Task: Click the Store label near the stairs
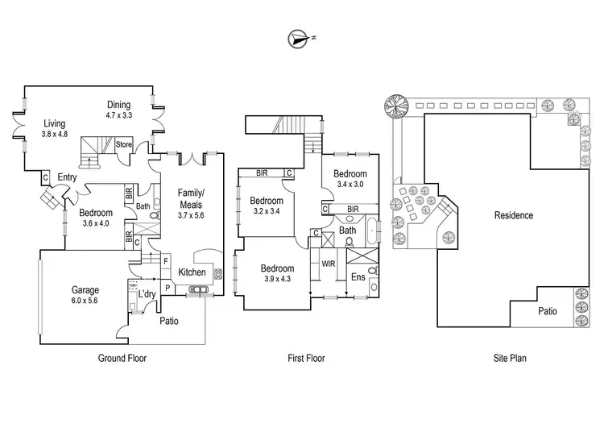(x=123, y=145)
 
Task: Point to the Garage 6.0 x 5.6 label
(x=85, y=295)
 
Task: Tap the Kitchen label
(x=192, y=272)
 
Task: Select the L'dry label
(x=146, y=295)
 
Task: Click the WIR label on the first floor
(x=328, y=264)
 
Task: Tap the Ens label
(x=358, y=276)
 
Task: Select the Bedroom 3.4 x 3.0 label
(x=350, y=179)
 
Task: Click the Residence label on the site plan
(x=513, y=215)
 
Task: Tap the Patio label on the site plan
(x=548, y=310)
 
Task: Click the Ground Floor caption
(x=122, y=358)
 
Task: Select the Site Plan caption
(x=511, y=358)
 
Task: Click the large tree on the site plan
(x=395, y=105)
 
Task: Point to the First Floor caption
(x=306, y=358)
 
